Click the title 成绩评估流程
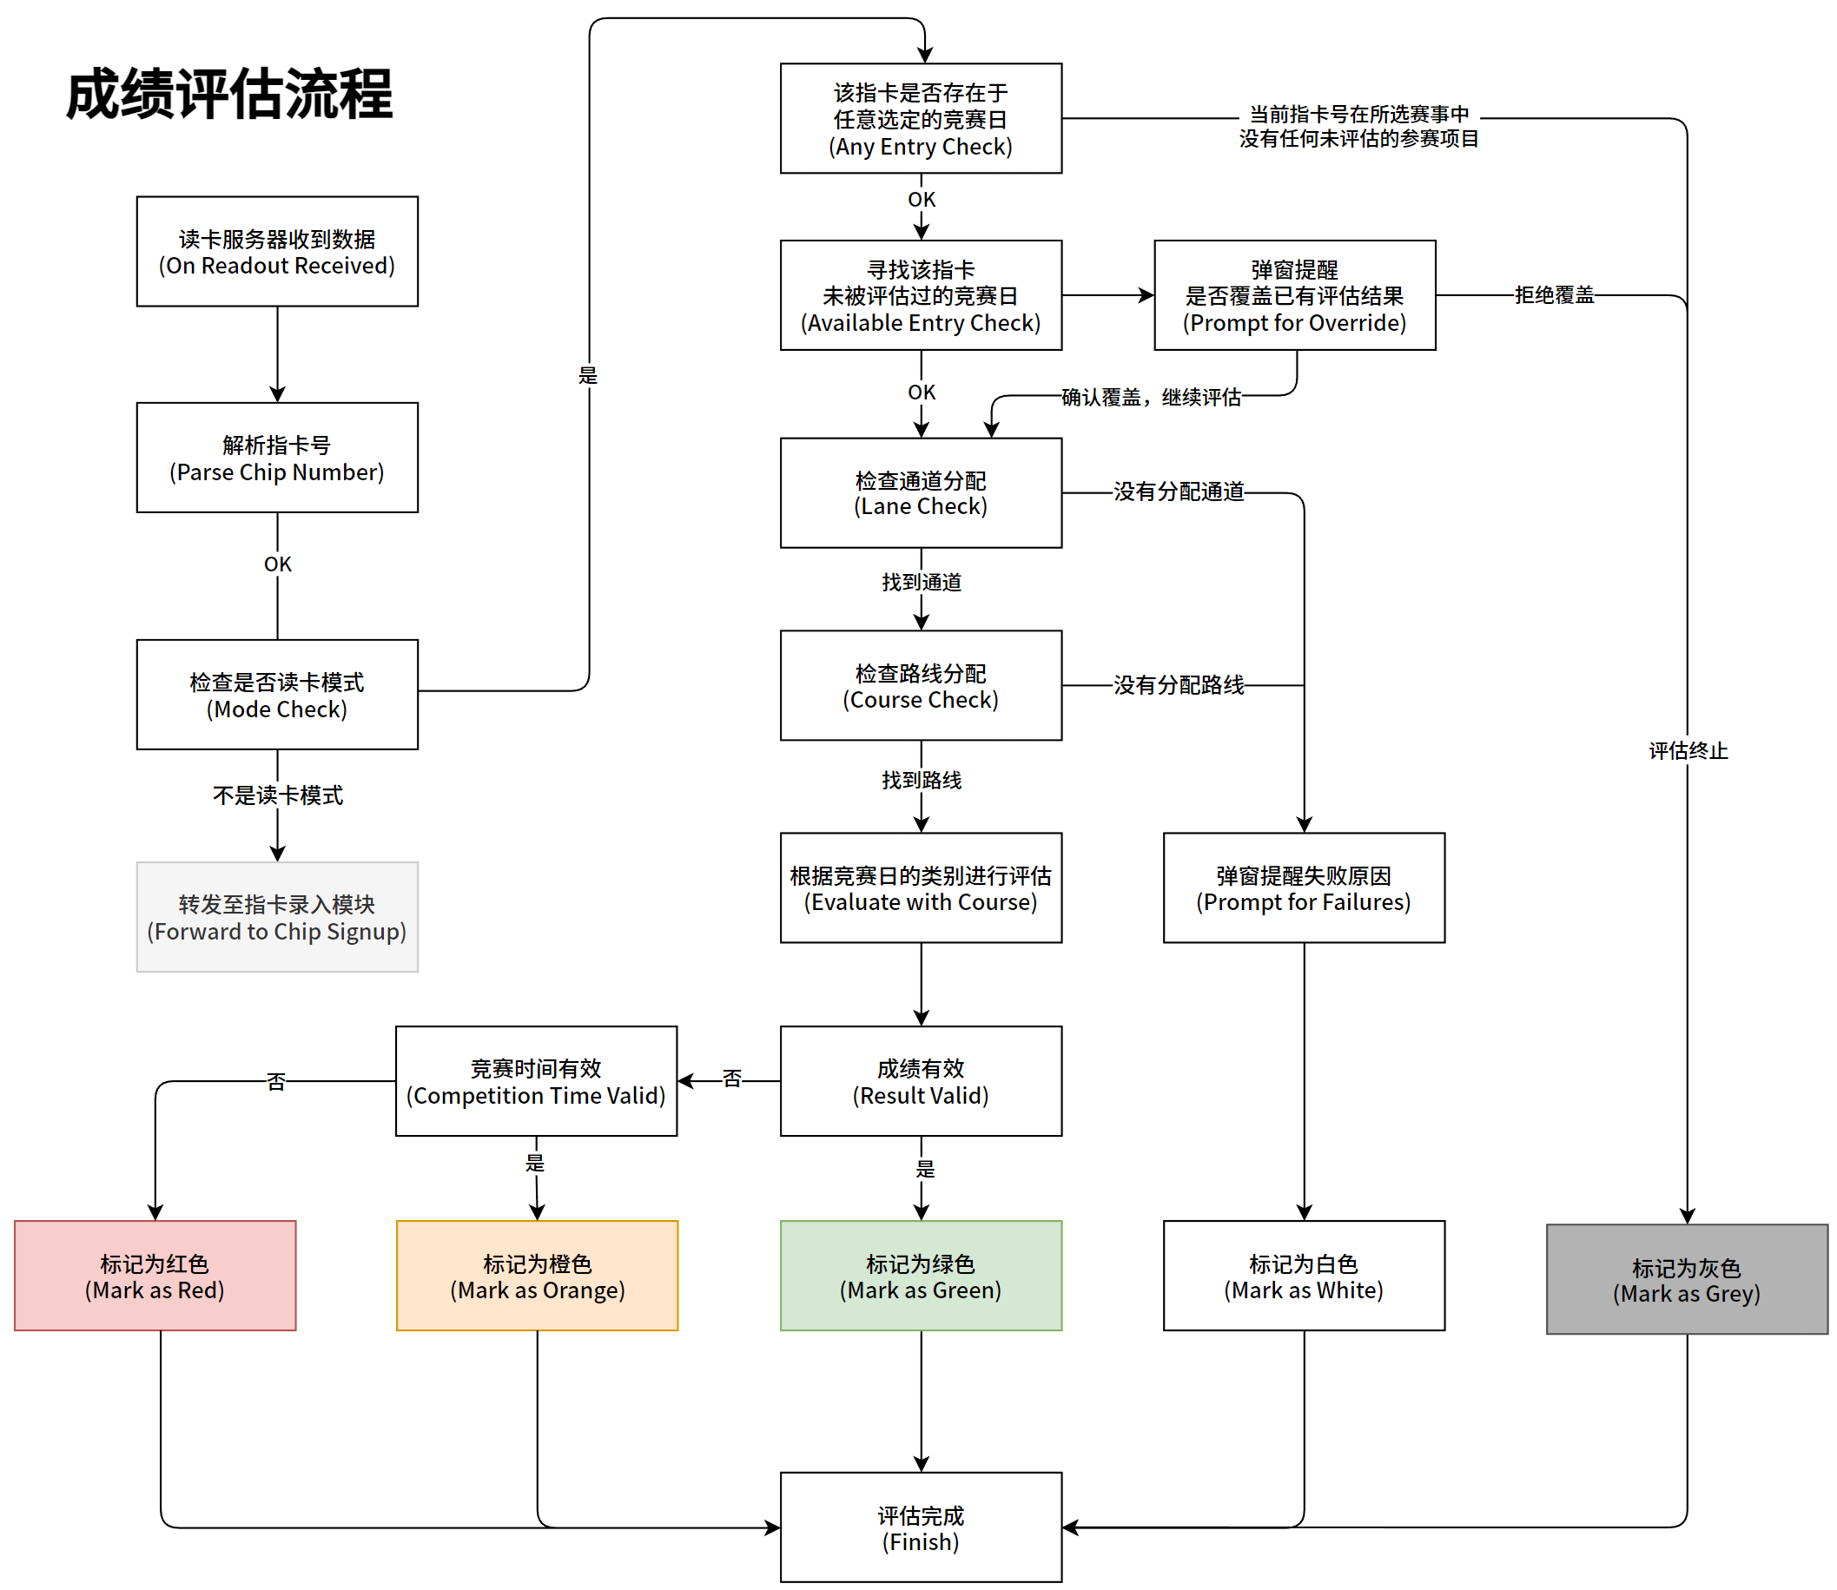(x=229, y=94)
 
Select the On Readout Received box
(x=277, y=252)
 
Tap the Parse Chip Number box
(x=277, y=458)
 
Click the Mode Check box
(x=277, y=695)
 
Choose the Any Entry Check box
(x=921, y=119)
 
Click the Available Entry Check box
(x=921, y=295)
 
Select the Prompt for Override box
(x=1294, y=295)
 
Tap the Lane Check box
(x=921, y=493)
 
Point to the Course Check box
(x=921, y=686)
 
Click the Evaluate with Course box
(x=921, y=888)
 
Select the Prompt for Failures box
(x=1303, y=888)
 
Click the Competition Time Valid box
(x=536, y=1082)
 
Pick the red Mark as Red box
(x=155, y=1276)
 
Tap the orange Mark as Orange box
(x=537, y=1276)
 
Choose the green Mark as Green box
(x=921, y=1276)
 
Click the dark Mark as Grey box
(x=1686, y=1279)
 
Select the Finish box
(x=921, y=1527)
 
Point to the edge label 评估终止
(x=1687, y=750)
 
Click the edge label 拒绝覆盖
(x=1553, y=295)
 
